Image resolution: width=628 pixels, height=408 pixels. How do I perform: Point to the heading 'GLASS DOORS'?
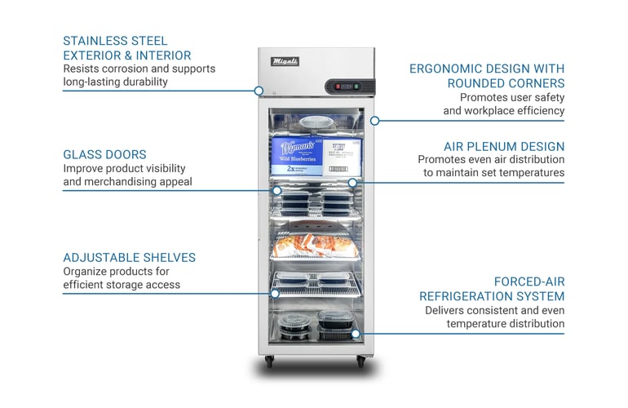104,154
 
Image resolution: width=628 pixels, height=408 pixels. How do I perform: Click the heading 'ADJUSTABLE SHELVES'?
129,258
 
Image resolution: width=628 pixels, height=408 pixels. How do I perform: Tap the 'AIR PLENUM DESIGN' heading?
503,146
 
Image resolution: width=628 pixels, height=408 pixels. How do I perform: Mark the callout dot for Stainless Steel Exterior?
259,91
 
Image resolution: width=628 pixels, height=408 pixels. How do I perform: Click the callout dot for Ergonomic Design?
374,121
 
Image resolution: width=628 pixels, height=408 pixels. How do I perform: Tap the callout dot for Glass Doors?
277,190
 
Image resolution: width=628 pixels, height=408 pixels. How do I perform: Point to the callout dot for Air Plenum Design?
352,182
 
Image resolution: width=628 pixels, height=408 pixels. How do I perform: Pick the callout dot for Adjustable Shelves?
276,293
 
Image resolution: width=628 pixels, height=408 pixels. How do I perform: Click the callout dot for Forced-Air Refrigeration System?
356,334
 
